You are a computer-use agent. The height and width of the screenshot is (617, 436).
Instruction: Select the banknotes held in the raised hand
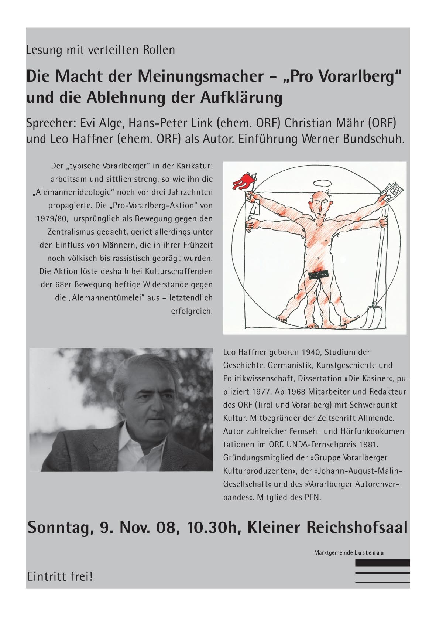point(392,189)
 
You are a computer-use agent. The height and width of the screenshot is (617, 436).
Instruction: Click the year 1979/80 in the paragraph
point(52,218)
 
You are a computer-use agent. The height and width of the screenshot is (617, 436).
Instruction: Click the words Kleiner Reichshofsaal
point(327,528)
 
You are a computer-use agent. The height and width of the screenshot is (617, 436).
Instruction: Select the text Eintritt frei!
point(60,576)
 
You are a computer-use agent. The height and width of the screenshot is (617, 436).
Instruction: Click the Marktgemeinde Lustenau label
point(349,553)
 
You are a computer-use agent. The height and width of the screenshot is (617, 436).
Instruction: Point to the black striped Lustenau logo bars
point(382,571)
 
